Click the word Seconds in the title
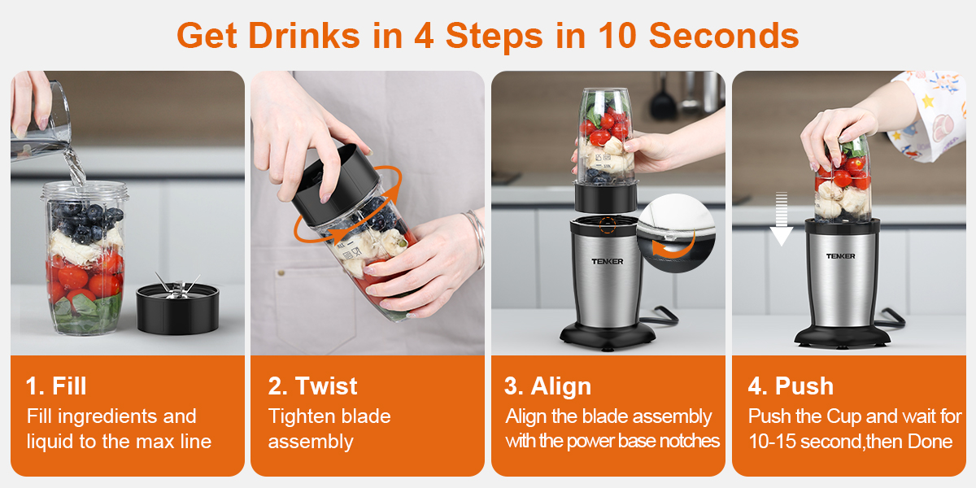(x=724, y=35)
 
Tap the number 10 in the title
(x=617, y=35)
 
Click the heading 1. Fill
(x=56, y=386)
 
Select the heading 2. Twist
(x=312, y=386)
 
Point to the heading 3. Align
(x=547, y=386)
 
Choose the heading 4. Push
(x=791, y=386)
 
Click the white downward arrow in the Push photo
(x=782, y=219)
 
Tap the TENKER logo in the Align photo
(x=608, y=261)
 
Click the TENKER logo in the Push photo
(x=840, y=256)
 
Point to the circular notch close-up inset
(x=676, y=233)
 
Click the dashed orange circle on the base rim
(x=608, y=225)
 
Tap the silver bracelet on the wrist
(x=477, y=237)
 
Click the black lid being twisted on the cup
(x=334, y=185)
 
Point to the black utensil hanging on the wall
(x=663, y=97)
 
